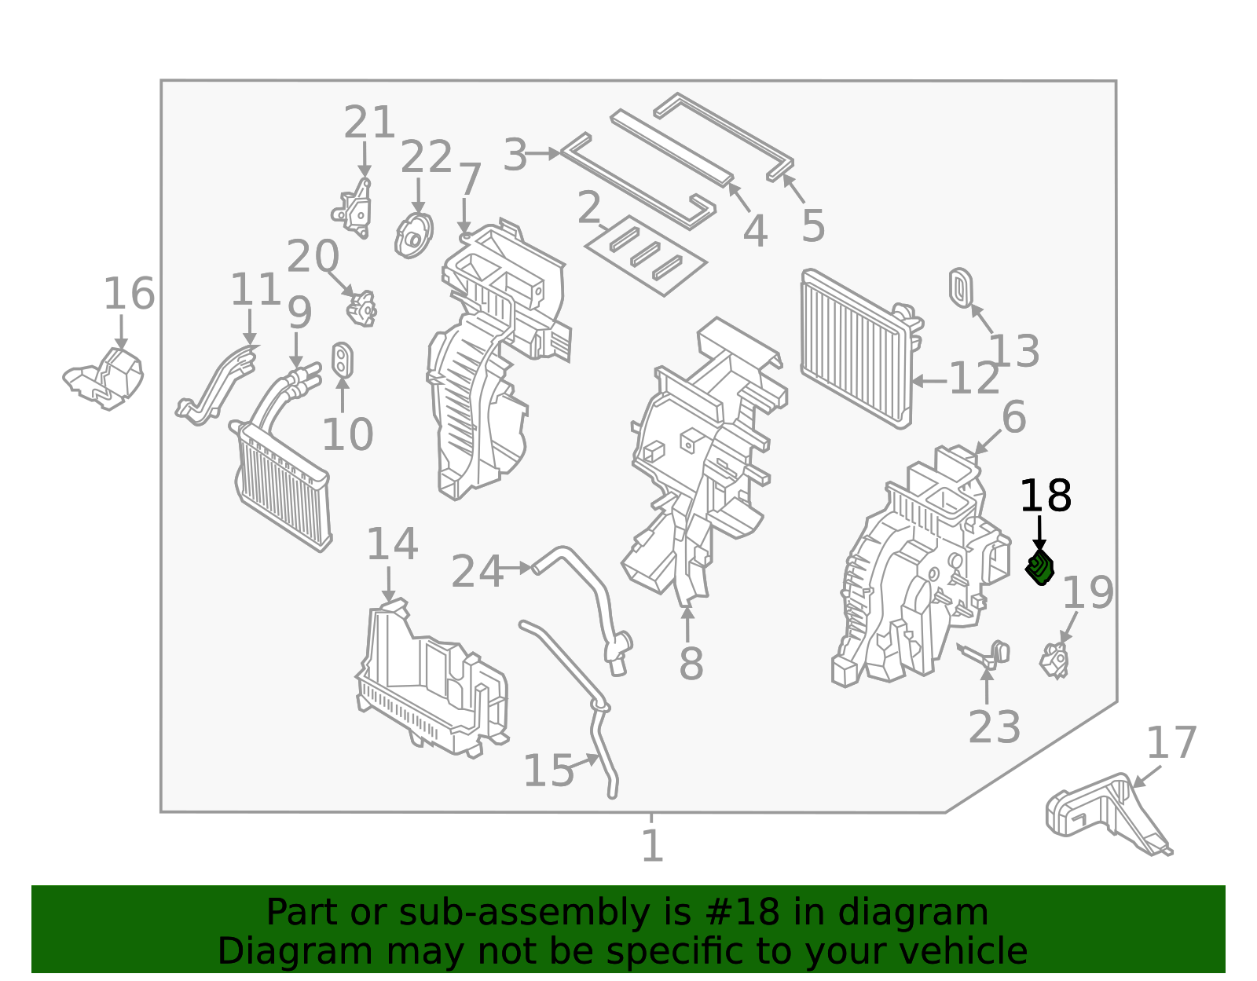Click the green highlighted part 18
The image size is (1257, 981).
1040,568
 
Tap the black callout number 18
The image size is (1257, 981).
1045,496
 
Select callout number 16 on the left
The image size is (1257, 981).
130,295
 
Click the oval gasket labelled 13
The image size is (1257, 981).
962,288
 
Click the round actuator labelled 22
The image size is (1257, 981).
414,235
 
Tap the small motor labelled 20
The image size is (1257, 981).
362,307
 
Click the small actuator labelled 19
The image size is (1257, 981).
1055,660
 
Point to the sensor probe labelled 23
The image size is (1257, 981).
986,654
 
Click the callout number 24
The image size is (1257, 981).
476,572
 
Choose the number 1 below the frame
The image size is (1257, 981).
652,846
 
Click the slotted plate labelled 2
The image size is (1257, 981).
646,256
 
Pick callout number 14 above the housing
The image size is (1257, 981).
392,545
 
